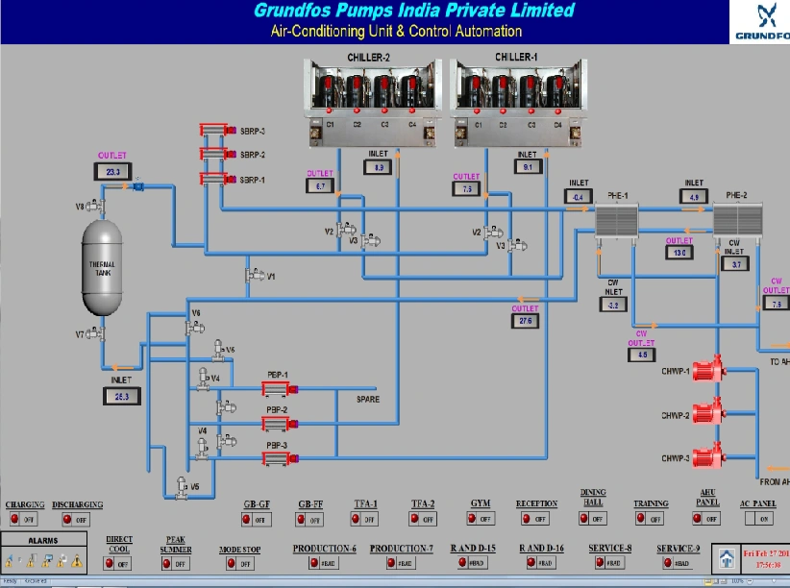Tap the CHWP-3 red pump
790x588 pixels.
click(x=707, y=457)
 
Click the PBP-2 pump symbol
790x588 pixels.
click(x=276, y=423)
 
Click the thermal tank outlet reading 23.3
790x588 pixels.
click(x=112, y=171)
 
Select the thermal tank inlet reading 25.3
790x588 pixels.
click(x=120, y=395)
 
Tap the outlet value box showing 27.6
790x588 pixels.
click(x=526, y=321)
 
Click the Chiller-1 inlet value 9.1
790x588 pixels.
click(x=528, y=166)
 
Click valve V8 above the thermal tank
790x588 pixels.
click(x=94, y=205)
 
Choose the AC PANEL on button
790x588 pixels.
click(x=757, y=519)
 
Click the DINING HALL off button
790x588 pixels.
click(x=592, y=519)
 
